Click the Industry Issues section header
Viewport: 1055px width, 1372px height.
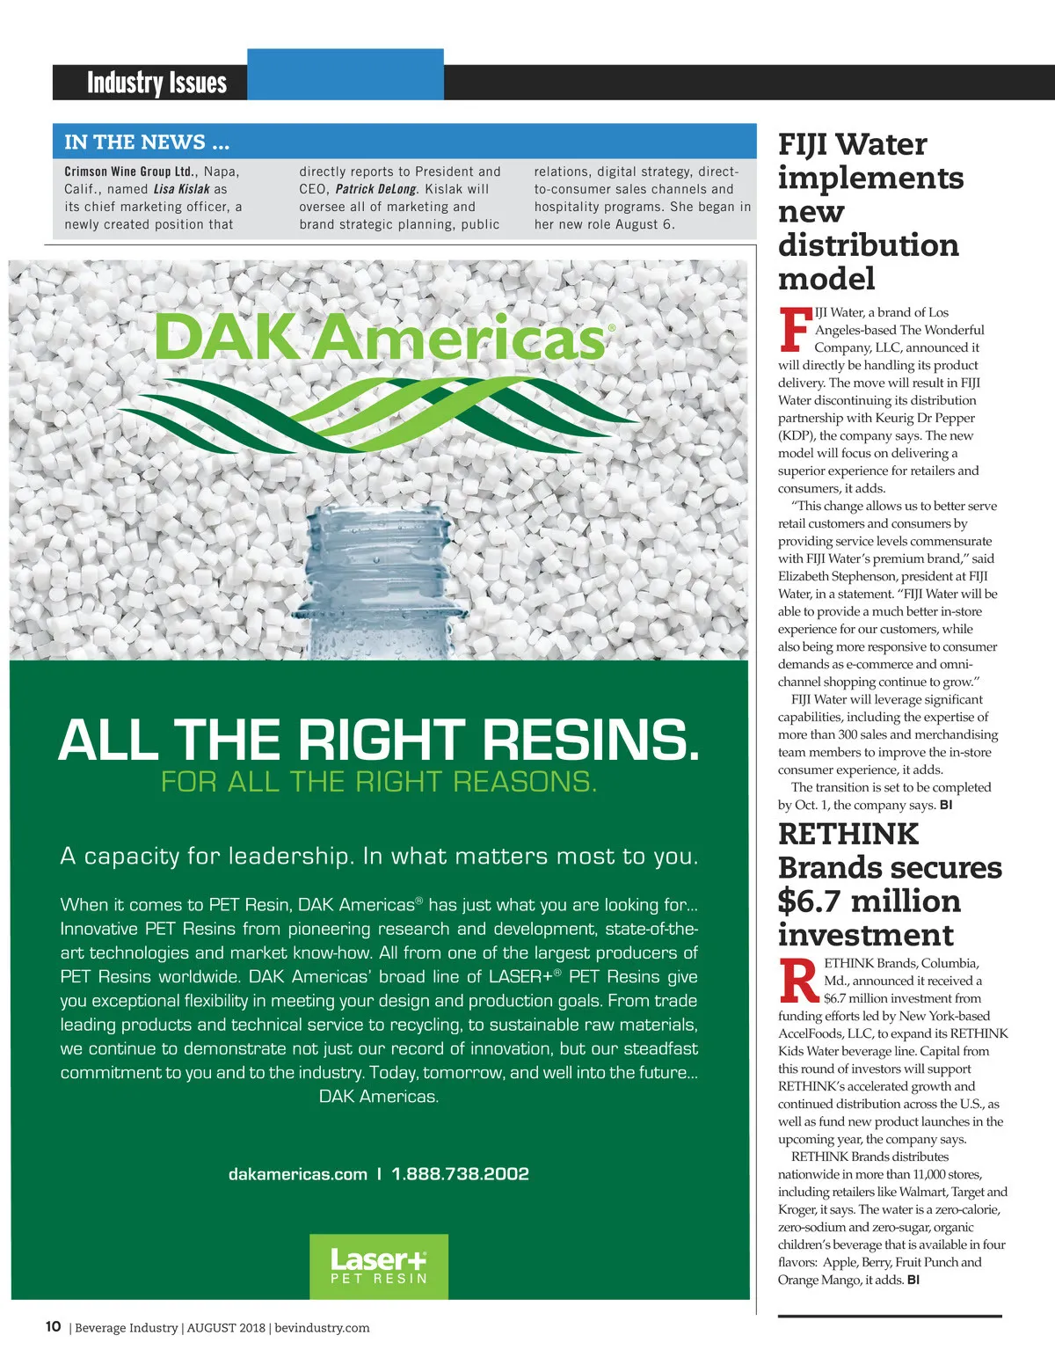pyautogui.click(x=156, y=83)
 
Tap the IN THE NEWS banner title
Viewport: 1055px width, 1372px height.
pyautogui.click(x=147, y=142)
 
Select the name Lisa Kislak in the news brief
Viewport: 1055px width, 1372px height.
pyautogui.click(x=182, y=189)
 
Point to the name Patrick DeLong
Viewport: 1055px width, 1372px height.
pyautogui.click(x=375, y=189)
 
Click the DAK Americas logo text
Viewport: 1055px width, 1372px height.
pyautogui.click(x=381, y=339)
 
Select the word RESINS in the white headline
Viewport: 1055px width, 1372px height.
pyautogui.click(x=590, y=741)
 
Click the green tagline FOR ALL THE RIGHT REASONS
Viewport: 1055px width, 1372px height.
pyautogui.click(x=379, y=782)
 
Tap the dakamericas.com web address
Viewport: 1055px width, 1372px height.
pyautogui.click(x=297, y=1174)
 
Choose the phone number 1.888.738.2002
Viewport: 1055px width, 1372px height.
pyautogui.click(x=460, y=1174)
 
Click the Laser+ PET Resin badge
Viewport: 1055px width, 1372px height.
pyautogui.click(x=379, y=1266)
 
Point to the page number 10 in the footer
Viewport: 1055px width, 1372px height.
pyautogui.click(x=53, y=1327)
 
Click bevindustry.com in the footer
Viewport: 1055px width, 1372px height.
pyautogui.click(x=322, y=1328)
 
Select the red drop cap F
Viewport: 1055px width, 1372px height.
pyautogui.click(x=795, y=329)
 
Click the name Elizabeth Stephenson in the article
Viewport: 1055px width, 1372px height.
pyautogui.click(x=830, y=576)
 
